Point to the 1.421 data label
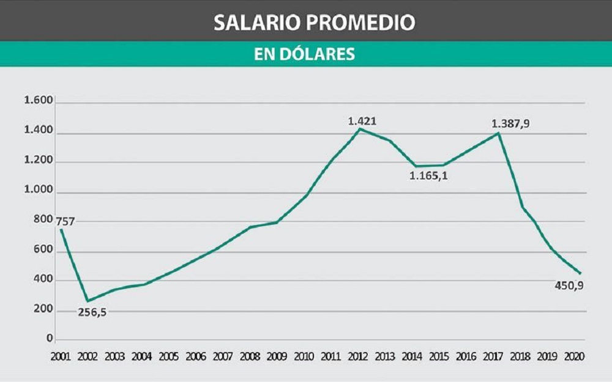tap(362, 121)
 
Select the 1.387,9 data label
tap(510, 123)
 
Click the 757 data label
tap(64, 221)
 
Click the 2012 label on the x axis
tap(359, 356)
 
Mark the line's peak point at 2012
tap(360, 128)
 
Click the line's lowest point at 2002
tap(88, 301)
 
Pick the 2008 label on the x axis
tap(250, 356)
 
